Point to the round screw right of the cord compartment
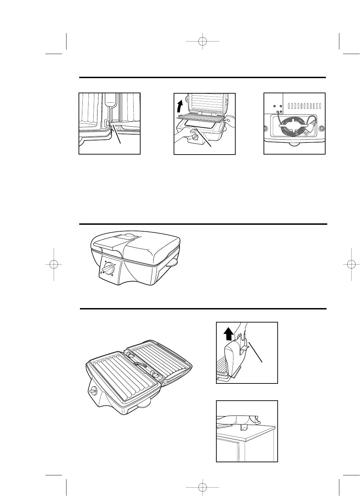point(321,129)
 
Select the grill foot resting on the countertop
point(244,427)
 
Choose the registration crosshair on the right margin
point(351,264)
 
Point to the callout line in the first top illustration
point(117,136)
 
